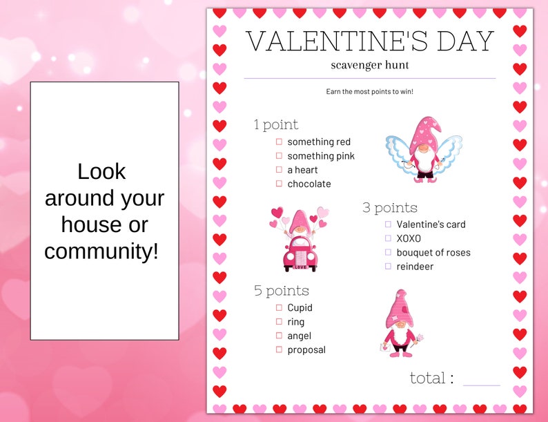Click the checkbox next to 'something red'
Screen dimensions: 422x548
pyautogui.click(x=280, y=142)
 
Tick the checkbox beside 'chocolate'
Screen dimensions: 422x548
pyautogui.click(x=280, y=184)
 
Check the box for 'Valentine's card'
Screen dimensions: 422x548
pyautogui.click(x=388, y=224)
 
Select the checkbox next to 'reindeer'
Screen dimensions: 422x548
pyautogui.click(x=388, y=266)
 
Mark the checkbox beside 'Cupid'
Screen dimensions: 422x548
pyautogui.click(x=280, y=307)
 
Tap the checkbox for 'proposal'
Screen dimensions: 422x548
pyautogui.click(x=280, y=349)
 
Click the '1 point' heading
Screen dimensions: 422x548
pyautogui.click(x=276, y=124)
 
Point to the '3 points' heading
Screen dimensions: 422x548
pyautogui.click(x=390, y=207)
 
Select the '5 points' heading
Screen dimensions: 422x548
pyautogui.click(x=281, y=291)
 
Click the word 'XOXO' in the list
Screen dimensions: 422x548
pyautogui.click(x=409, y=238)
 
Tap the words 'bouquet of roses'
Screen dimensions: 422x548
pyautogui.click(x=433, y=252)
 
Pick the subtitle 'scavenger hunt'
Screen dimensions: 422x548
pyautogui.click(x=370, y=65)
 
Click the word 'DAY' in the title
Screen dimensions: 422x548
pyautogui.click(x=461, y=41)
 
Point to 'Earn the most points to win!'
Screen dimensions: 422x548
pyautogui.click(x=370, y=91)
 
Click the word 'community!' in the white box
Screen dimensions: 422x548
pyautogui.click(x=101, y=251)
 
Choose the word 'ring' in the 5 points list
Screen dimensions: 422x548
pyautogui.click(x=296, y=322)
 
